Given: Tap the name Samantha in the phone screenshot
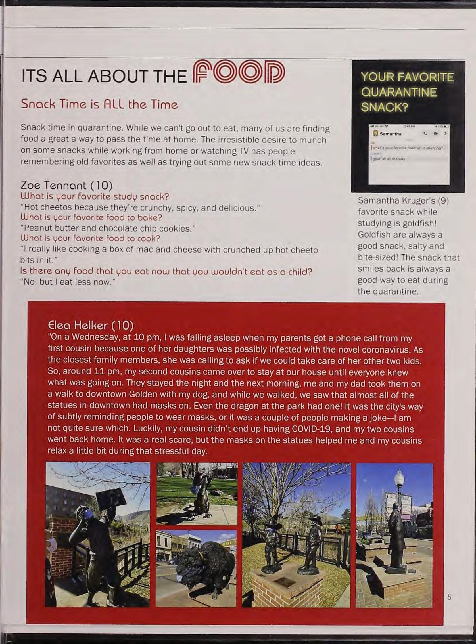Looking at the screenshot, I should coord(389,134).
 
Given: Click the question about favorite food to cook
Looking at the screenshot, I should coord(90,238).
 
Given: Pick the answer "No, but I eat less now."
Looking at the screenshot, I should coord(68,282).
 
